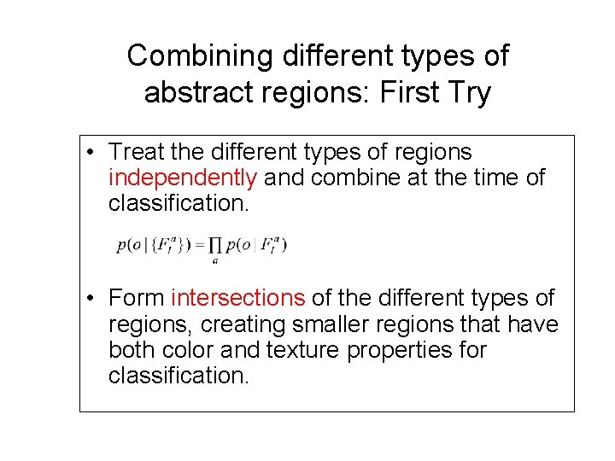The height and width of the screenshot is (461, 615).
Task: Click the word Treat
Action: tap(137, 152)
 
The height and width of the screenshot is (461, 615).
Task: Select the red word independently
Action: tap(183, 178)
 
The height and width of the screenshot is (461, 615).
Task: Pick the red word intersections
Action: tap(237, 298)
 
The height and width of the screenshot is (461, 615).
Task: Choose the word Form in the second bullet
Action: tap(137, 298)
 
